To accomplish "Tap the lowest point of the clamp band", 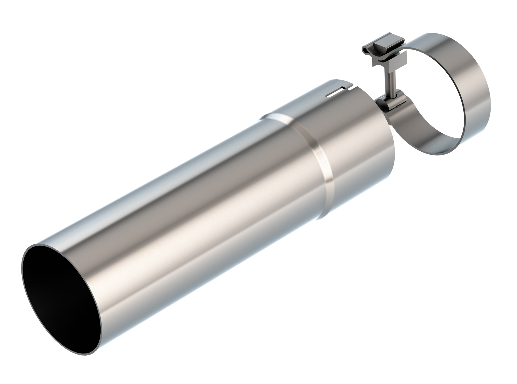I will (x=439, y=153).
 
